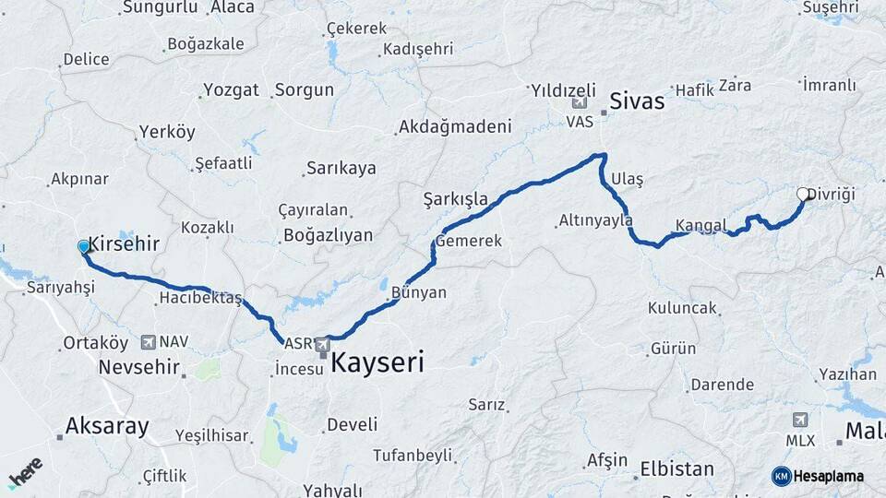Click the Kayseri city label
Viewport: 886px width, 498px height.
pos(377,362)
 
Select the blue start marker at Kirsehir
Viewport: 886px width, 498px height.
pos(84,246)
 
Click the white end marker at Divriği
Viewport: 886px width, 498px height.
pos(803,194)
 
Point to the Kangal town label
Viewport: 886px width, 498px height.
pos(700,225)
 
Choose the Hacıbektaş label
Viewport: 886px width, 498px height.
pos(199,298)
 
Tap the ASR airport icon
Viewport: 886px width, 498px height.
pos(322,345)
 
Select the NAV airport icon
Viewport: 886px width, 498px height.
pos(149,342)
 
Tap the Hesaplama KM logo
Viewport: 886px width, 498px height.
pos(818,476)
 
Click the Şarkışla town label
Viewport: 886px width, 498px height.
pos(455,198)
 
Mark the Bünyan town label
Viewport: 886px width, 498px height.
pos(418,292)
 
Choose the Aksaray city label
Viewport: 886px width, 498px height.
pos(107,426)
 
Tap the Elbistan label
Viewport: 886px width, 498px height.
pos(677,468)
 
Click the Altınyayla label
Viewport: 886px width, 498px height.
pos(595,220)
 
